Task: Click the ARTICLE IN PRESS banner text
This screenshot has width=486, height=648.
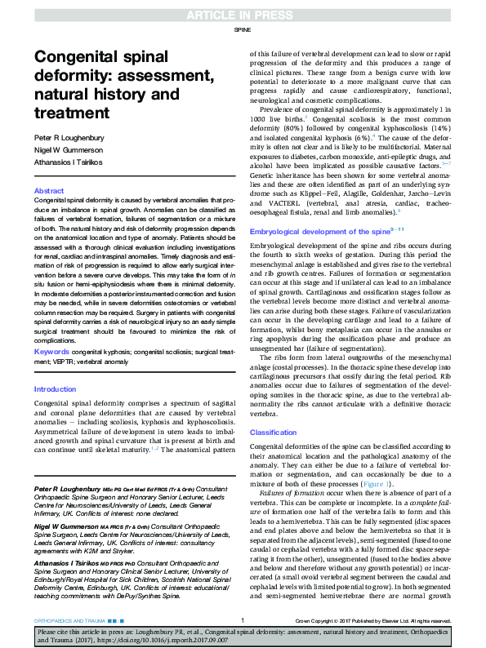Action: coord(243,15)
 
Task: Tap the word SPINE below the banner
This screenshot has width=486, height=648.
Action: coord(243,29)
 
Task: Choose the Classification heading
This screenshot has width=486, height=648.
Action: coord(274,432)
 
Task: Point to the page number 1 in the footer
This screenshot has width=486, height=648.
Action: coord(243,620)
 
